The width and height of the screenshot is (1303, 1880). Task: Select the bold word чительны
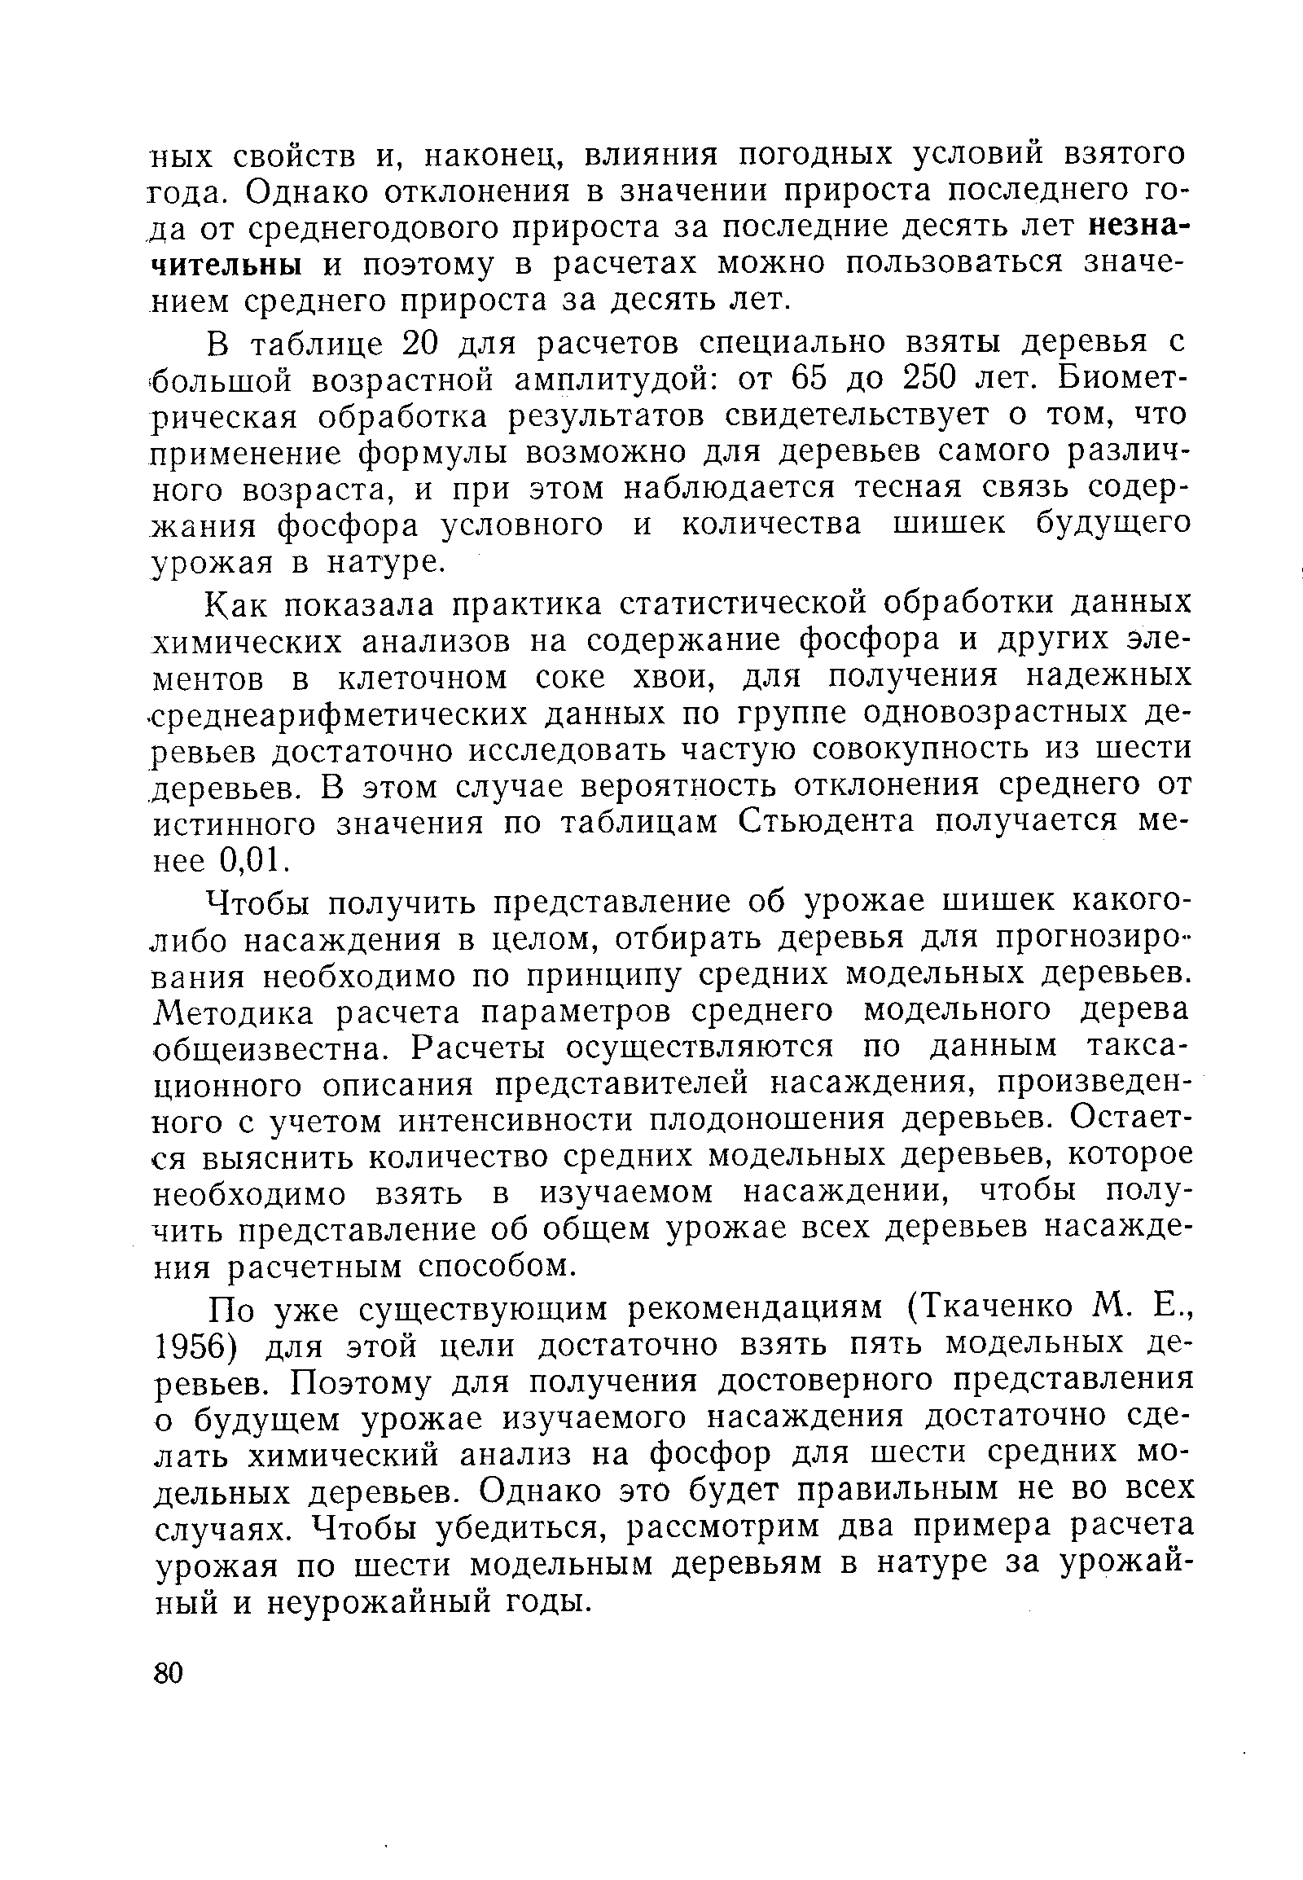[228, 264]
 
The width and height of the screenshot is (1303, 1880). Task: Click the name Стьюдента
[827, 821]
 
